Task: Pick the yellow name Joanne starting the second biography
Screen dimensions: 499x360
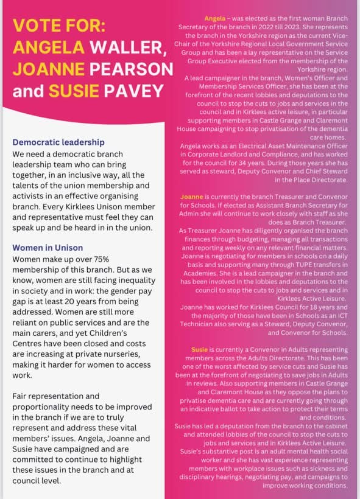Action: pos(192,197)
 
